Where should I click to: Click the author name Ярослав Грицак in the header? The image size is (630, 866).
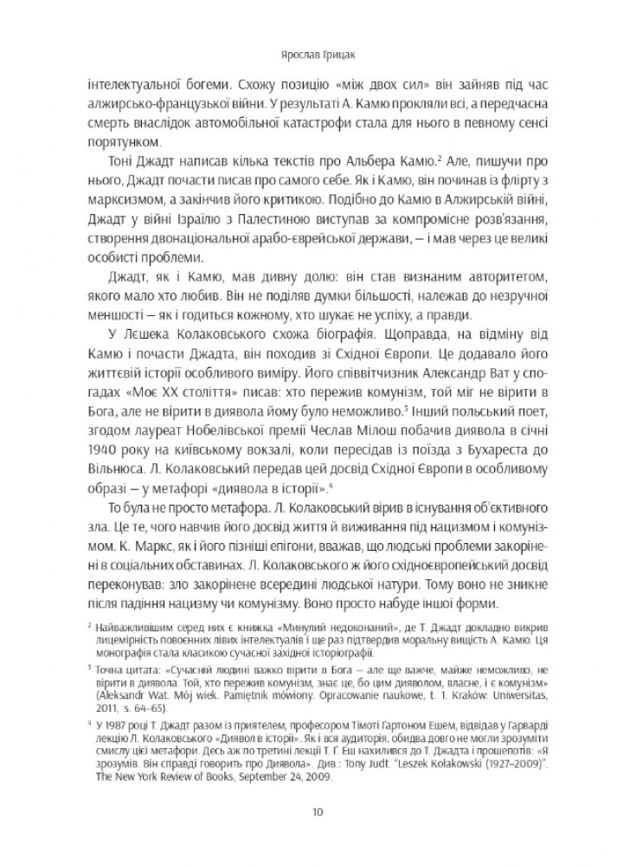pos(315,51)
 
